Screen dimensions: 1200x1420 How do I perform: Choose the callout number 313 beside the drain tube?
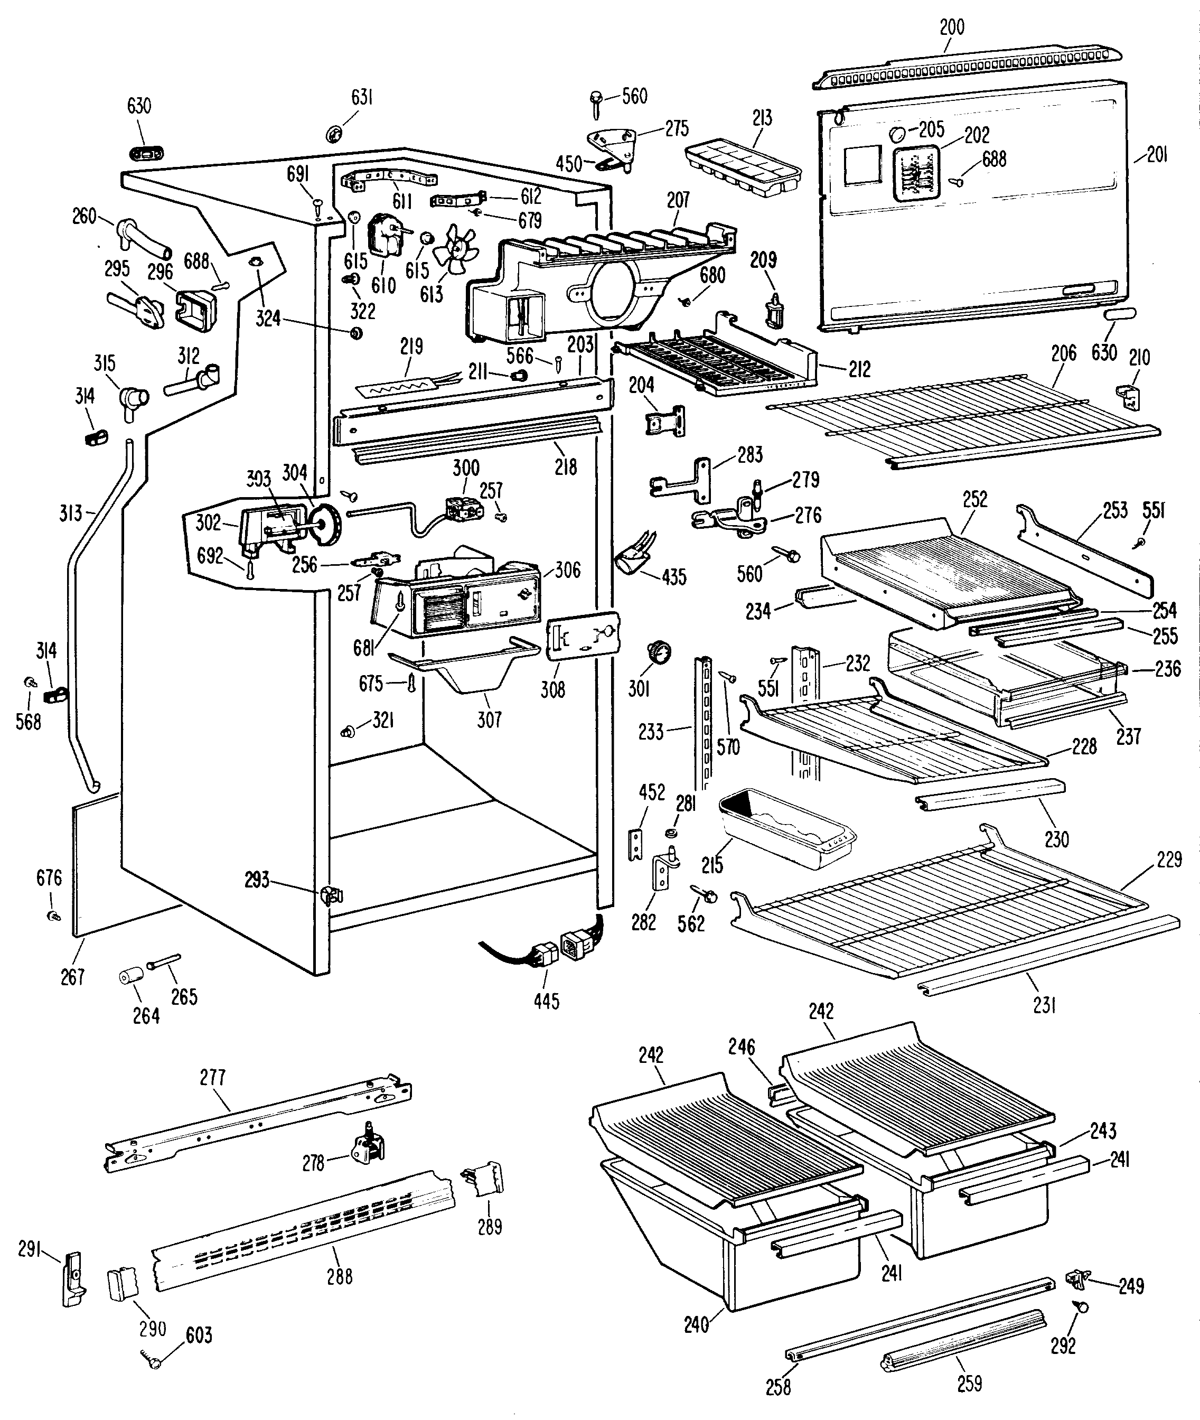71,512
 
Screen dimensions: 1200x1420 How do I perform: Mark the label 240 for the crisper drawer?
697,1324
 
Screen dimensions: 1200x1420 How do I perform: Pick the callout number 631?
361,97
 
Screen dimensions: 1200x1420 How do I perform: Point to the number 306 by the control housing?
567,569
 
